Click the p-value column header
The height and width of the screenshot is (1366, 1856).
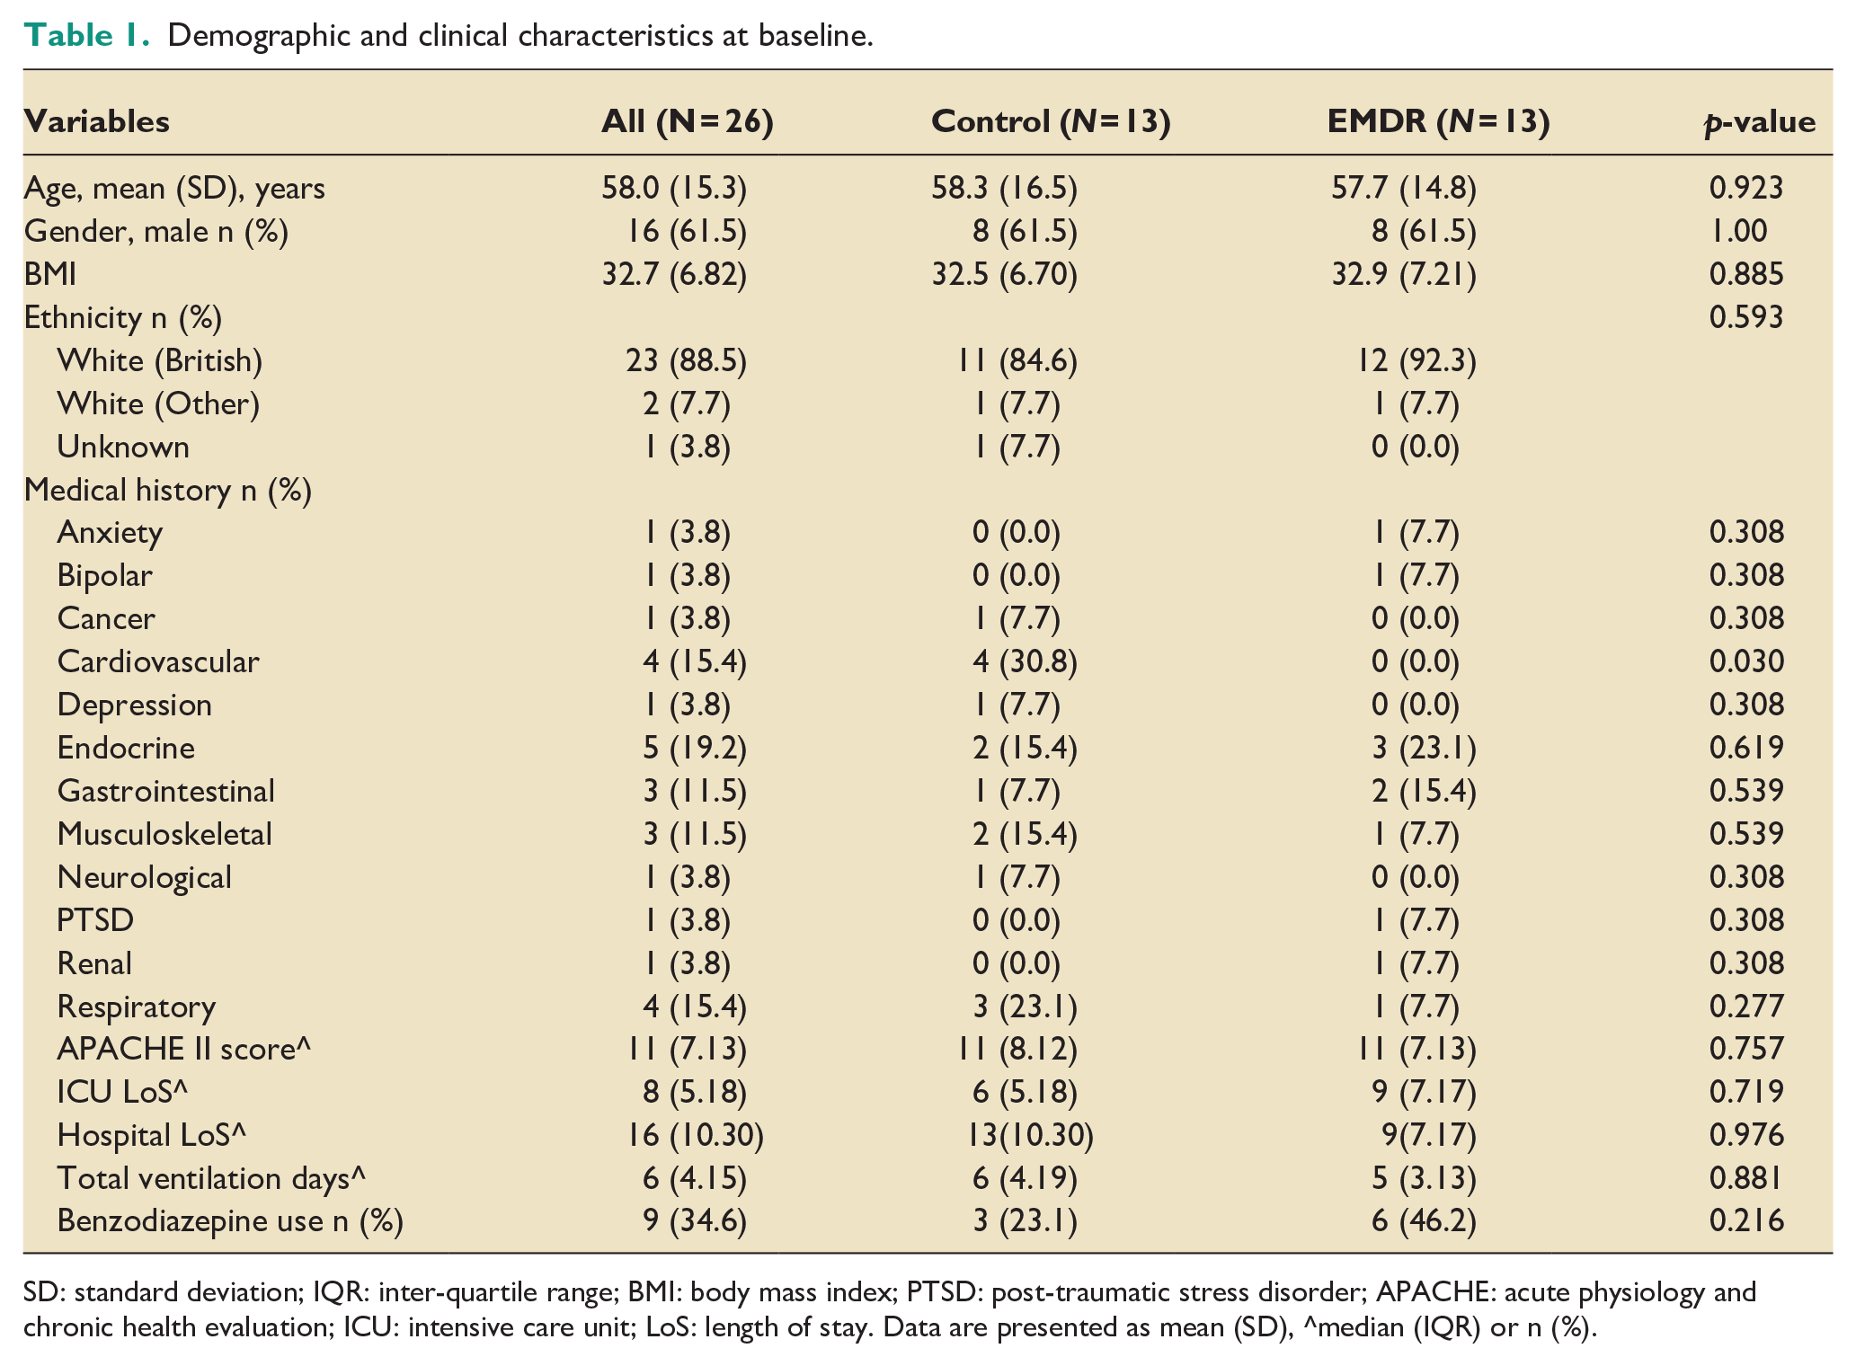coord(1759,122)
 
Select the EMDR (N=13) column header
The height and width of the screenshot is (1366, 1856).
coord(1438,121)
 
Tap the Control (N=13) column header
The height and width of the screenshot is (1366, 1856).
coord(1051,121)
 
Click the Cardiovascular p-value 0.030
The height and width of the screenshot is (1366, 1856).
coord(1746,661)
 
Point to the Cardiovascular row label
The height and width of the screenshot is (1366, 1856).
coord(158,661)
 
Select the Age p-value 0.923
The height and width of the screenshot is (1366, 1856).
coord(1746,187)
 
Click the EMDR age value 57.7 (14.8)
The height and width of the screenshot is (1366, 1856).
coord(1404,188)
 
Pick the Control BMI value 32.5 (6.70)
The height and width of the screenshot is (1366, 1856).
coord(1005,274)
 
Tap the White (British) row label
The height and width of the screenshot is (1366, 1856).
coord(160,360)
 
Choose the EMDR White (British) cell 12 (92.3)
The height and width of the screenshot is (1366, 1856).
coord(1416,360)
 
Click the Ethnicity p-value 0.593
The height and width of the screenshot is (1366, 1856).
coord(1746,316)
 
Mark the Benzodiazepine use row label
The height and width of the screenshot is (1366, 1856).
coord(230,1221)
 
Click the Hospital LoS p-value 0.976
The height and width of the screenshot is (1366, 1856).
coord(1746,1135)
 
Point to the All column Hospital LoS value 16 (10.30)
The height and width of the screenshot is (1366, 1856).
coord(696,1135)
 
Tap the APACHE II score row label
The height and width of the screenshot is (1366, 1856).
coord(184,1049)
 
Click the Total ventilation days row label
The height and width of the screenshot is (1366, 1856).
coord(212,1178)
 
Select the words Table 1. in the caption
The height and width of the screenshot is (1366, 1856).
coord(86,35)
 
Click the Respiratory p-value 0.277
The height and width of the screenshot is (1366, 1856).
coord(1746,1006)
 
